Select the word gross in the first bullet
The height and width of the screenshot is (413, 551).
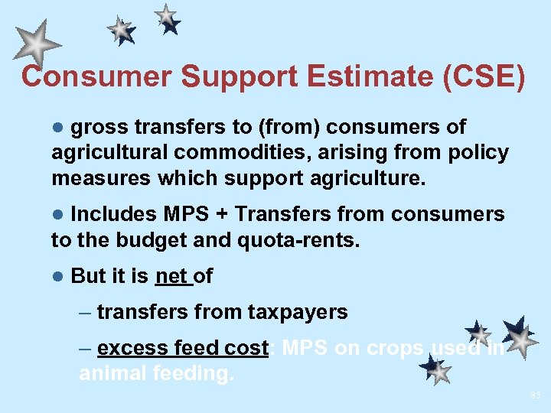click(101, 127)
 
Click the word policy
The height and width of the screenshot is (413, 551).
click(479, 153)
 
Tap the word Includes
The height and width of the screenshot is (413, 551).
click(112, 214)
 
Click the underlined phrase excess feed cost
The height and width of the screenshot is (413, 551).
click(183, 348)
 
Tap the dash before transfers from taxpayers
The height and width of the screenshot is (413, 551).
click(86, 312)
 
